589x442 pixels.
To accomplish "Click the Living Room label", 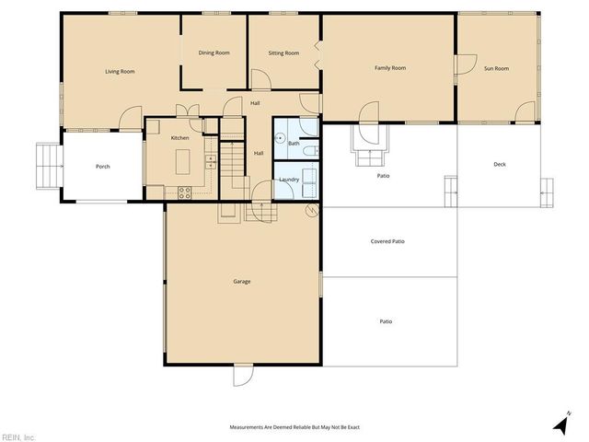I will (x=120, y=71).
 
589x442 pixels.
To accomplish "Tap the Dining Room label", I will (x=214, y=52).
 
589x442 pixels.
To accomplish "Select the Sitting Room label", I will (x=283, y=52).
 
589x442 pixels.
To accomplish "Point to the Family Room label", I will (x=389, y=68).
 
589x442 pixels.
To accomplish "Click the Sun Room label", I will (x=496, y=68).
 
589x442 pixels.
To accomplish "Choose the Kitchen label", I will (x=179, y=137).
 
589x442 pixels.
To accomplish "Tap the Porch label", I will (x=103, y=167).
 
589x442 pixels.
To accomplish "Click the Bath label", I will (x=294, y=144).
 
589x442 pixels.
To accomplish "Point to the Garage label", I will (x=242, y=282).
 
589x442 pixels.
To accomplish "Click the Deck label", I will (x=500, y=165).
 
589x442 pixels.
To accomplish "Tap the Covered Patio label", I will (x=387, y=241).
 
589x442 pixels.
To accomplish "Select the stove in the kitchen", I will (x=183, y=192).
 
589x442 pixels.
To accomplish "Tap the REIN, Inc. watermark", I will (x=18, y=436).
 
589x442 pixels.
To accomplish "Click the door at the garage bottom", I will (x=242, y=376).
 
